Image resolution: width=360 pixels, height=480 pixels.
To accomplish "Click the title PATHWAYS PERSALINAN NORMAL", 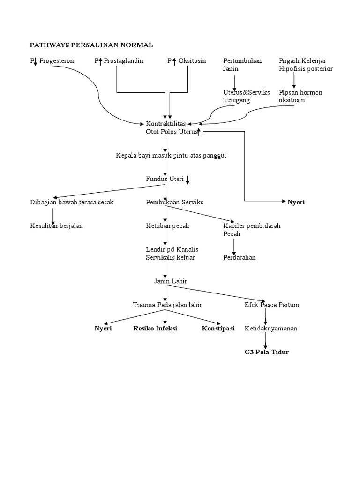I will coord(91,45).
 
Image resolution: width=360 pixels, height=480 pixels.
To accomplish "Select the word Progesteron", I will coord(57,61).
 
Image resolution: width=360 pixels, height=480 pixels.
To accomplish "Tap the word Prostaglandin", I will coord(124,61).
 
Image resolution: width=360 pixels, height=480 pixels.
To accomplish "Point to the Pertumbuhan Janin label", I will coord(242,65).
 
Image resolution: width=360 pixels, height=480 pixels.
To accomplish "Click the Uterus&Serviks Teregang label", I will coord(246,96).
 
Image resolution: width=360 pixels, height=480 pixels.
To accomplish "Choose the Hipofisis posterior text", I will coord(306,69).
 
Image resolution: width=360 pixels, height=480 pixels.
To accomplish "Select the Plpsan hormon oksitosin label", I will coord(300,96).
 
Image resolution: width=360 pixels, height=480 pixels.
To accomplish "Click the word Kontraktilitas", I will coord(166,124).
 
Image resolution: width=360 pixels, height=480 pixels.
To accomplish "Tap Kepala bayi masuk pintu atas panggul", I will coord(171,155).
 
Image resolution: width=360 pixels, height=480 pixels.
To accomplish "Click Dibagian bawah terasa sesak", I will coord(71,202).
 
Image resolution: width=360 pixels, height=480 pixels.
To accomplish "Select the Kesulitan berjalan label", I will coord(56,226).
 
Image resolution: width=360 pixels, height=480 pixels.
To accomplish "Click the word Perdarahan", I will coord(239,257).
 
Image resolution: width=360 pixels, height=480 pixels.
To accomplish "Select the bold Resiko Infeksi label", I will coord(155,329).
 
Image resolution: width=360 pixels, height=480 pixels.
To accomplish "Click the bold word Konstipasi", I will coord(218,329).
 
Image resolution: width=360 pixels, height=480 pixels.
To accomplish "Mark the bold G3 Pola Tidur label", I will coord(266,352).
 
